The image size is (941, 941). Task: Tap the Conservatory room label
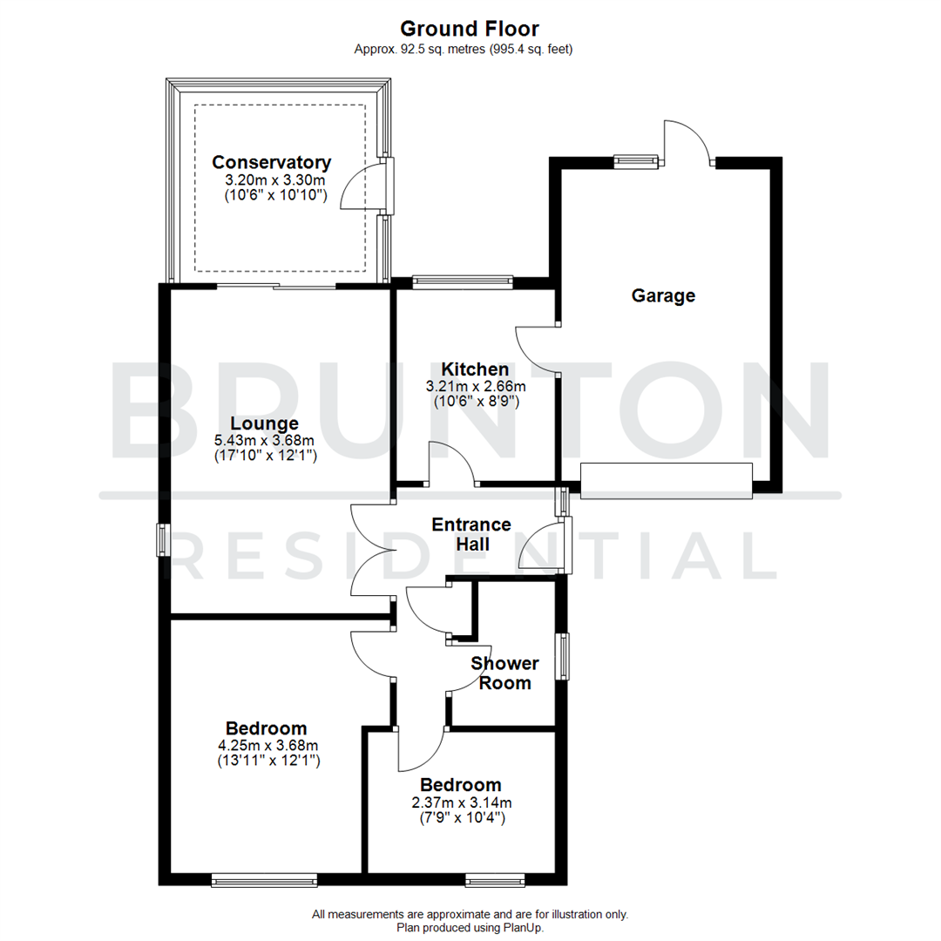coord(272,162)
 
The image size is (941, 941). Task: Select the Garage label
coord(663,295)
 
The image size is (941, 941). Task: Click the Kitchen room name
coord(474,369)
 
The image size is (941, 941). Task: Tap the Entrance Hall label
coord(471,534)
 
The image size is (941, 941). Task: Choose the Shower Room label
coord(505,673)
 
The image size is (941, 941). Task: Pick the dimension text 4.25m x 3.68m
coord(268,745)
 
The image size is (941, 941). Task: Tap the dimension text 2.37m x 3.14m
coord(462,802)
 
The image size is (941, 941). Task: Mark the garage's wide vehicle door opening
coord(666,481)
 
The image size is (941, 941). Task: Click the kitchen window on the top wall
coord(463,281)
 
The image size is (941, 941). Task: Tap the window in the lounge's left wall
coord(162,539)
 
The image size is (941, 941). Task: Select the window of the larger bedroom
coord(264,881)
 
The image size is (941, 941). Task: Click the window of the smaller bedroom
coord(495,881)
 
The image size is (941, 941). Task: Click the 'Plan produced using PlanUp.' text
coord(470,928)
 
